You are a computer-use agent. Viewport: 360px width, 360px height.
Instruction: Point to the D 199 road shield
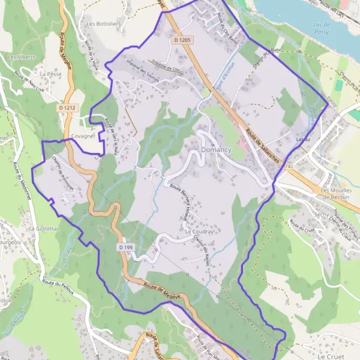click(125, 247)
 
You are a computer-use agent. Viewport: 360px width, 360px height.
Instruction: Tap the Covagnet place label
click(83, 136)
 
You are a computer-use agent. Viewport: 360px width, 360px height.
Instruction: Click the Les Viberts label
click(21, 57)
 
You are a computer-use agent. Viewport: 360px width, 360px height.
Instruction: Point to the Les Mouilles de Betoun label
click(338, 193)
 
